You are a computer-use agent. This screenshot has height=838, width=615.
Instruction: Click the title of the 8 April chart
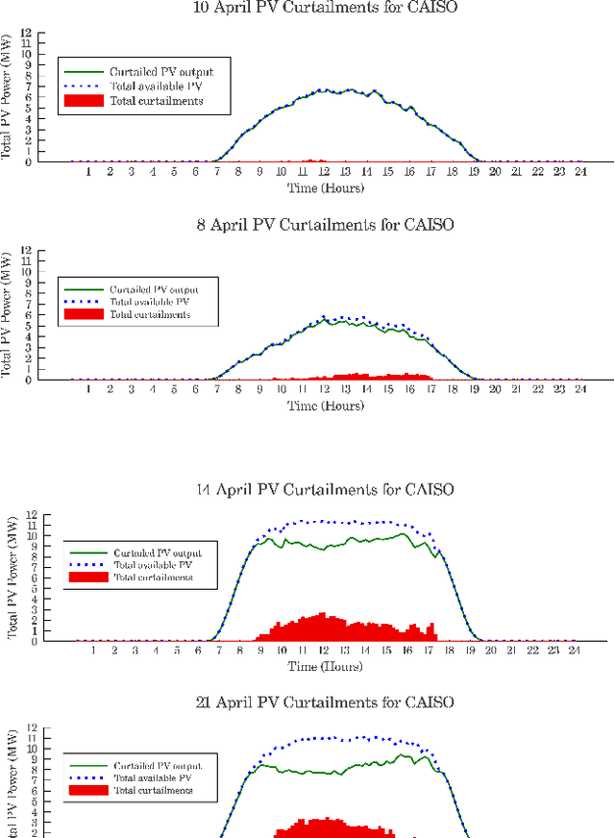[326, 225]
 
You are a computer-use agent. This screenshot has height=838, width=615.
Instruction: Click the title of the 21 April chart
[326, 703]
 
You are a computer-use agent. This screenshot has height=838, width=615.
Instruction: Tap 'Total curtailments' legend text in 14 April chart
[153, 577]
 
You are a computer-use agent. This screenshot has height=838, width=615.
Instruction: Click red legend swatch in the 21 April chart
[89, 790]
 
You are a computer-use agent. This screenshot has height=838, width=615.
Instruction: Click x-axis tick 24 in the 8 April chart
[579, 389]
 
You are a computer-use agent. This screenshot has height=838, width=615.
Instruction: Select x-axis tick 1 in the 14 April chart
[93, 651]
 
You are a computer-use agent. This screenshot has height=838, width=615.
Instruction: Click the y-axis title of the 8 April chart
[7, 316]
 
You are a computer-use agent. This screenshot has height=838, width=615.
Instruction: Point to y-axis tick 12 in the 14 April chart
[60, 514]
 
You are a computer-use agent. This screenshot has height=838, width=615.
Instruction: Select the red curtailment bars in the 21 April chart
[327, 827]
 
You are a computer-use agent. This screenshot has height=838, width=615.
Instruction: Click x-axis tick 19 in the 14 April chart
[470, 651]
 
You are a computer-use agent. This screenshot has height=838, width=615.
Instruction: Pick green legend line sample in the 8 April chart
[83, 289]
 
